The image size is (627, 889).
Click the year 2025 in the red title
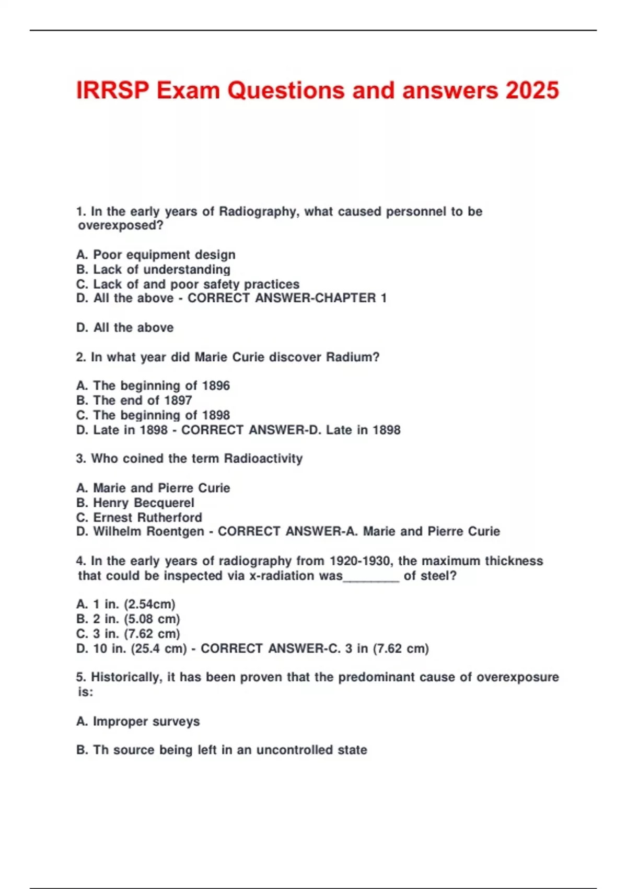click(532, 90)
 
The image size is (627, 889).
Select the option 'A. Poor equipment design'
click(156, 255)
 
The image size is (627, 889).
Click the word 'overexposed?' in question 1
click(121, 225)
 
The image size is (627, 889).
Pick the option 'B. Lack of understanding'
click(153, 269)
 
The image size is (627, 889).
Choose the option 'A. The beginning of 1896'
click(153, 386)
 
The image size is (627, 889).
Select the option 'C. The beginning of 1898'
click(153, 415)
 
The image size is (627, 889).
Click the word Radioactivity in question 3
click(263, 459)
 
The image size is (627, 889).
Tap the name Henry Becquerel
click(143, 503)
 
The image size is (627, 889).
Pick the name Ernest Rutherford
click(147, 517)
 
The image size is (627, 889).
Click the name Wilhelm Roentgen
click(148, 531)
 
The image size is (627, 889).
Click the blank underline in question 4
click(371, 577)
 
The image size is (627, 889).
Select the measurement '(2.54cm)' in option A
click(149, 605)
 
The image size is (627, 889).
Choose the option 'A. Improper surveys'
click(138, 722)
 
